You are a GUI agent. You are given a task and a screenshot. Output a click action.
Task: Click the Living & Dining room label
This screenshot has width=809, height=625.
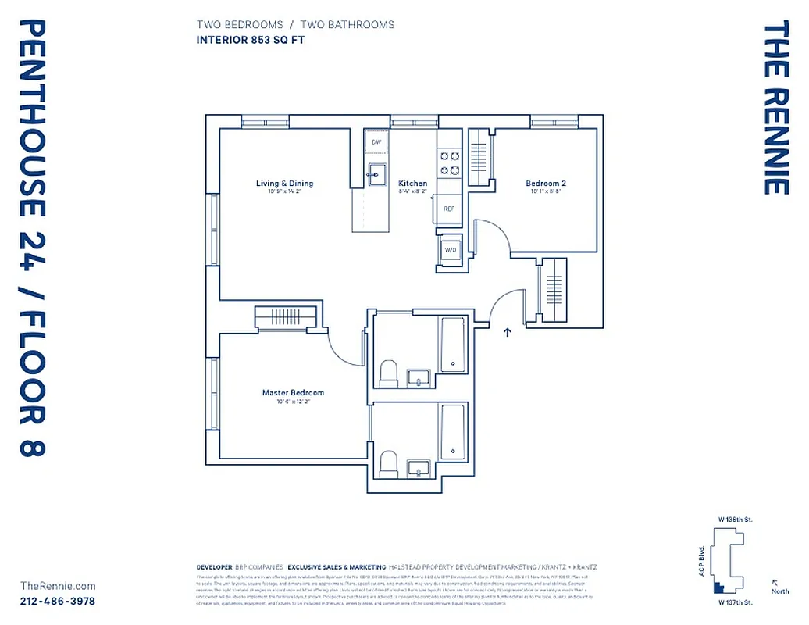click(x=284, y=184)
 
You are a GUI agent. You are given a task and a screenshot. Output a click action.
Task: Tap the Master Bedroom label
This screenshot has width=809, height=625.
click(x=293, y=392)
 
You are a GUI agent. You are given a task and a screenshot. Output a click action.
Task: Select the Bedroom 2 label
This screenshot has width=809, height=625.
click(x=546, y=184)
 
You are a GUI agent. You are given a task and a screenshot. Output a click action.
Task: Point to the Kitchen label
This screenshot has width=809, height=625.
click(x=413, y=184)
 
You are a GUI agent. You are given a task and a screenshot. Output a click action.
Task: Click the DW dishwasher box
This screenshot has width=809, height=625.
click(x=376, y=142)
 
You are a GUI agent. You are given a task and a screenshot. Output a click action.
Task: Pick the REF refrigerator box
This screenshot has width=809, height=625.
click(x=449, y=209)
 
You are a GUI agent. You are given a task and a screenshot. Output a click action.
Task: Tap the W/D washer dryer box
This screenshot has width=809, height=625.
click(x=450, y=249)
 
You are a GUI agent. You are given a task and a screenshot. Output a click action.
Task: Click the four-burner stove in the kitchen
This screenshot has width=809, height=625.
click(x=449, y=162)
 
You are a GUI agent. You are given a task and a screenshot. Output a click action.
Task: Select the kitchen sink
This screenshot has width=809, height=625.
click(x=376, y=173)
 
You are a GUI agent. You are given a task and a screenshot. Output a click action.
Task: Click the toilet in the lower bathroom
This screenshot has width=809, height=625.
click(x=389, y=464)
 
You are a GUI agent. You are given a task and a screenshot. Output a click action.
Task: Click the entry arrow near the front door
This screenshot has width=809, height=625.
click(x=508, y=332)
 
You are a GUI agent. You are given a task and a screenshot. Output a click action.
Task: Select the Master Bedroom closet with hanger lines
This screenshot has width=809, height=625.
click(x=285, y=318)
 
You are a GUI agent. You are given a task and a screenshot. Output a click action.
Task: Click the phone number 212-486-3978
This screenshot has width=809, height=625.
click(x=58, y=601)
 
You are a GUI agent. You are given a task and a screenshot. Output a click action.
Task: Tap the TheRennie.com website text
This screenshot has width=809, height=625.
click(x=58, y=586)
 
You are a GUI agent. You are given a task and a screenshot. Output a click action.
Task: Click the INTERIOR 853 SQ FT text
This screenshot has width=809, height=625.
click(x=250, y=40)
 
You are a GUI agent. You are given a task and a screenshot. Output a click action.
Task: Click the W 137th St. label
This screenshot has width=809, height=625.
click(x=736, y=602)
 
